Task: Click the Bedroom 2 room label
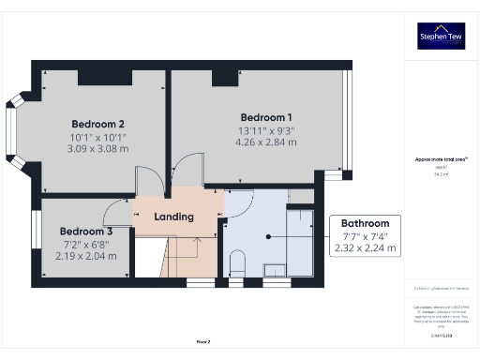(97, 124)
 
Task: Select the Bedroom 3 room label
(86, 232)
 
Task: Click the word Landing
(173, 217)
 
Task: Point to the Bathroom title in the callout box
(365, 223)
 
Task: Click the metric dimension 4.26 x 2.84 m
(265, 142)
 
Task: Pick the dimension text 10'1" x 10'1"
(97, 137)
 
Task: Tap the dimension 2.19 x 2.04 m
(86, 255)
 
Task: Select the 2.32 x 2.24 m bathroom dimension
(365, 248)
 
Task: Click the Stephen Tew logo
(440, 37)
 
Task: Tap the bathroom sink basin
(275, 271)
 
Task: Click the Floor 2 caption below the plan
(202, 342)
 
